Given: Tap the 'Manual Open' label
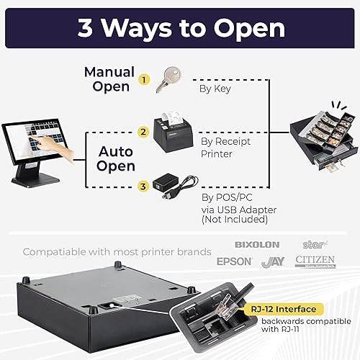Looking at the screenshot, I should pos(109,78).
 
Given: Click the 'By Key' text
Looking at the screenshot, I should pos(214,89).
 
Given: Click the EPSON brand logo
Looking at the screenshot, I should pos(235,261).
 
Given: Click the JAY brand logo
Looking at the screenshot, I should pos(274,261).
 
